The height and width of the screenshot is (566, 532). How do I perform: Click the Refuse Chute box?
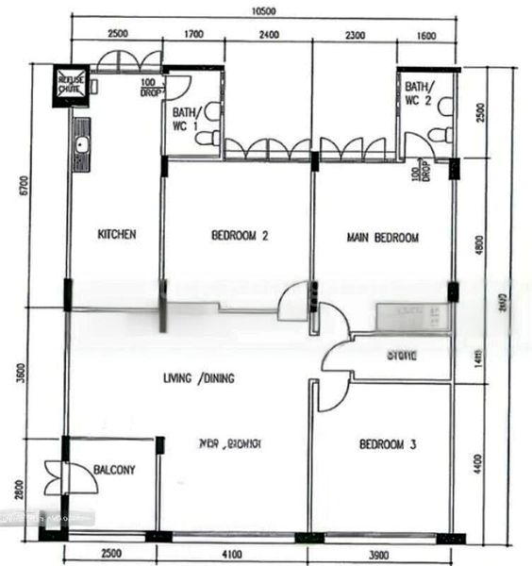coord(72,82)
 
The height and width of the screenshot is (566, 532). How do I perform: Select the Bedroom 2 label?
coord(240,237)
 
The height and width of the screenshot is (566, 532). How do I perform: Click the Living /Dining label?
coord(198,378)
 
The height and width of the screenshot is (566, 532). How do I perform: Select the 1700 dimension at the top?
coord(193,37)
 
